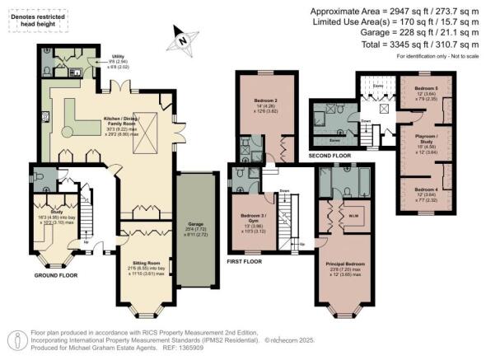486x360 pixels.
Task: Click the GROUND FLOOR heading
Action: coord(56,276)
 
